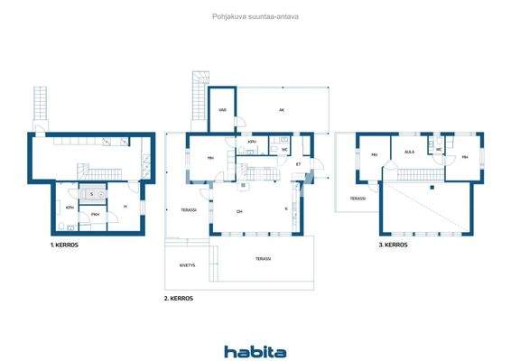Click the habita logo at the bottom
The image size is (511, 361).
pyautogui.click(x=255, y=351)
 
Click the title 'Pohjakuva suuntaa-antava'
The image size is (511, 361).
pyautogui.click(x=255, y=15)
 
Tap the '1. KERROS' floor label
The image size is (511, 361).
pyautogui.click(x=64, y=245)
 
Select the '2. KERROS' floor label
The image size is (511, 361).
pyautogui.click(x=178, y=298)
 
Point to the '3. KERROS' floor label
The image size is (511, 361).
pyautogui.click(x=394, y=245)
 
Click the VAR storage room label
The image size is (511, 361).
pyautogui.click(x=222, y=111)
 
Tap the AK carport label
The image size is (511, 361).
pyautogui.click(x=282, y=111)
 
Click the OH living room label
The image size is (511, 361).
pyautogui.click(x=239, y=212)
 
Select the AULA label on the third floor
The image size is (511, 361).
pyautogui.click(x=409, y=153)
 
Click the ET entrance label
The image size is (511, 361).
pyautogui.click(x=299, y=164)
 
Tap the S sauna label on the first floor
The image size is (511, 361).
pyautogui.click(x=91, y=194)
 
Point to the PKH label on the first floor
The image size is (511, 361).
pyautogui.click(x=95, y=214)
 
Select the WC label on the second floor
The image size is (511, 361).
pyautogui.click(x=284, y=150)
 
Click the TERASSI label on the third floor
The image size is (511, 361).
pyautogui.click(x=358, y=199)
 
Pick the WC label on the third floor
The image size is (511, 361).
pyautogui.click(x=439, y=150)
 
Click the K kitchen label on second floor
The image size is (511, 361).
pyautogui.click(x=286, y=209)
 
